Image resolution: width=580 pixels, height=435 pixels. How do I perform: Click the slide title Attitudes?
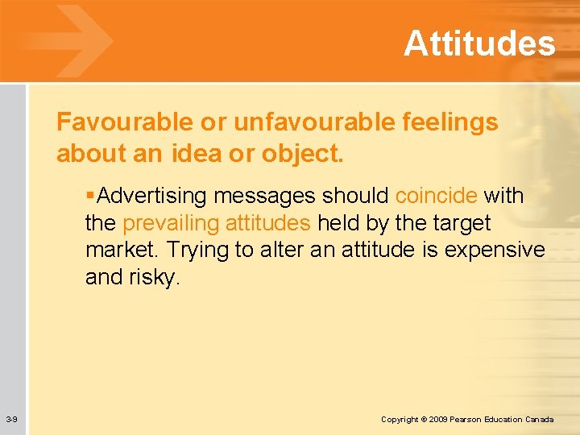479,43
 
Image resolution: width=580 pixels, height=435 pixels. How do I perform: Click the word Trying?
200,251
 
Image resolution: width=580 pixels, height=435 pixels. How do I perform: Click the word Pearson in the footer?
469,420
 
